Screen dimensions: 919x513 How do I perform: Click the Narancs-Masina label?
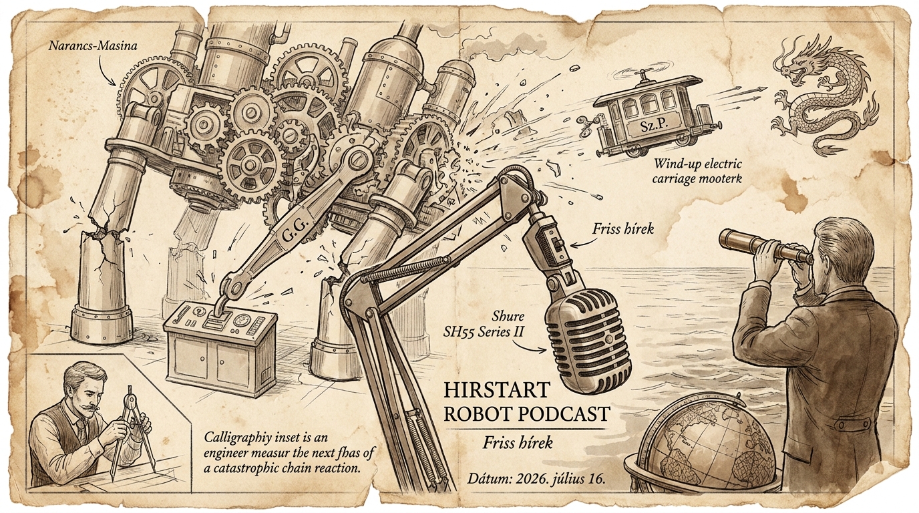pos(93,45)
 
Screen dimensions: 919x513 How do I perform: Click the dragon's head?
pos(798,65)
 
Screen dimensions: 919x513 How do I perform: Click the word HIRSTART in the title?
pos(497,390)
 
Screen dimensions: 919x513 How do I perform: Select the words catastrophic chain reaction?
pos(287,468)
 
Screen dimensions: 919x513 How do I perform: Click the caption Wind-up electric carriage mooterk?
pos(698,172)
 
